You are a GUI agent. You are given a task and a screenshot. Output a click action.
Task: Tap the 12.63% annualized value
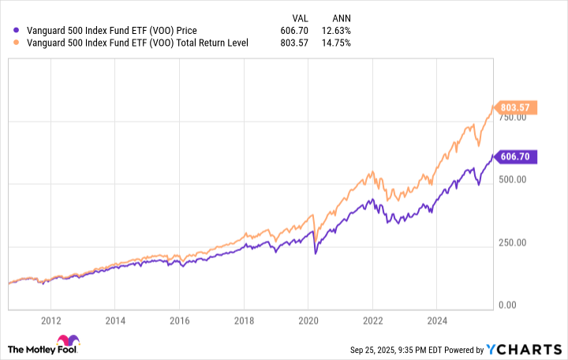(x=337, y=31)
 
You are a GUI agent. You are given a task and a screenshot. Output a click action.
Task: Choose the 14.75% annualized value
(x=337, y=43)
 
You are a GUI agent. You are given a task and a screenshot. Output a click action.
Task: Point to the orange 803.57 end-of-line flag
(x=517, y=107)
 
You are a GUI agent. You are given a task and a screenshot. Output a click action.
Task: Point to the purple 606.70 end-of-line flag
(x=517, y=156)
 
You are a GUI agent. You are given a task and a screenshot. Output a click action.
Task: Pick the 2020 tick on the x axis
(x=308, y=321)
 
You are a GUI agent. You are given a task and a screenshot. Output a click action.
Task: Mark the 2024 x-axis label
(x=438, y=321)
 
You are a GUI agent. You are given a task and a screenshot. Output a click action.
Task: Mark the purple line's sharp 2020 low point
(x=316, y=253)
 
